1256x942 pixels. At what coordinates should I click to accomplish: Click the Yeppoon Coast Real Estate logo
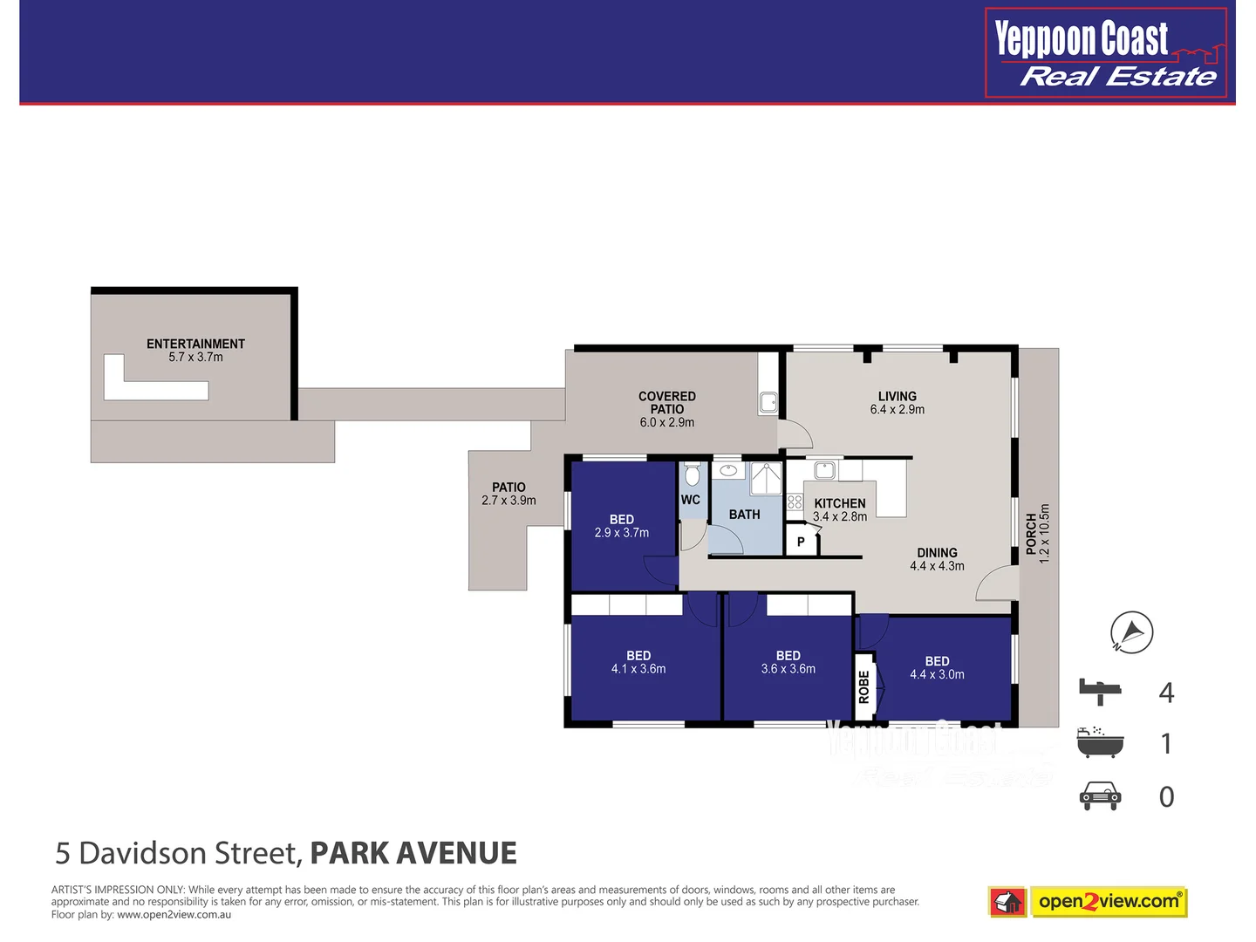coord(1106,53)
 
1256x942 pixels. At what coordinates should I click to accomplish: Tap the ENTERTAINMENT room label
coord(195,350)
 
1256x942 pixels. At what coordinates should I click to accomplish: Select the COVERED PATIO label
coord(667,408)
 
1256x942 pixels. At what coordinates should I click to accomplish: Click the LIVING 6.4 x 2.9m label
coord(897,402)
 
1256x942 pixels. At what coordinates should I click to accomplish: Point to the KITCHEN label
coord(840,509)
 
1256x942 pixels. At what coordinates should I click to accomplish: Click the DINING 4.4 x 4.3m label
coord(937,559)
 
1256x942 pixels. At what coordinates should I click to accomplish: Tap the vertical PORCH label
coord(1037,534)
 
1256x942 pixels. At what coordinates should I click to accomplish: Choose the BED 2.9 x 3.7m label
coord(621,526)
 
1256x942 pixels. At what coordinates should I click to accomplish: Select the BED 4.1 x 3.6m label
coord(638,662)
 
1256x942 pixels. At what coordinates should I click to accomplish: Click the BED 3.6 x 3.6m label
coord(788,662)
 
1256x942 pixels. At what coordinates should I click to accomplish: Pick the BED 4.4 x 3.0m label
coord(937,667)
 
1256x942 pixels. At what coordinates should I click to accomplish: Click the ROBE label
coord(863,686)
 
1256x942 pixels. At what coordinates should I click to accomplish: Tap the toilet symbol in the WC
coord(693,475)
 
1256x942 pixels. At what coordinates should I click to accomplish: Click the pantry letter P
coord(801,542)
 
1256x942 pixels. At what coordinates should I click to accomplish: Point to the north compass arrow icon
coord(1132,631)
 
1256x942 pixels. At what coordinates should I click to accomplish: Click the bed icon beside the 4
coord(1101,692)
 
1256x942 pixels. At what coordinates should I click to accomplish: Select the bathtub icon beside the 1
coord(1100,742)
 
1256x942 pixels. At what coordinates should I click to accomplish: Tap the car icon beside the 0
coord(1100,795)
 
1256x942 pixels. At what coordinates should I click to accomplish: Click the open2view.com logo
coord(1089,901)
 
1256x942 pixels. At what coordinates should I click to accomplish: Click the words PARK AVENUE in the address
coord(413,852)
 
